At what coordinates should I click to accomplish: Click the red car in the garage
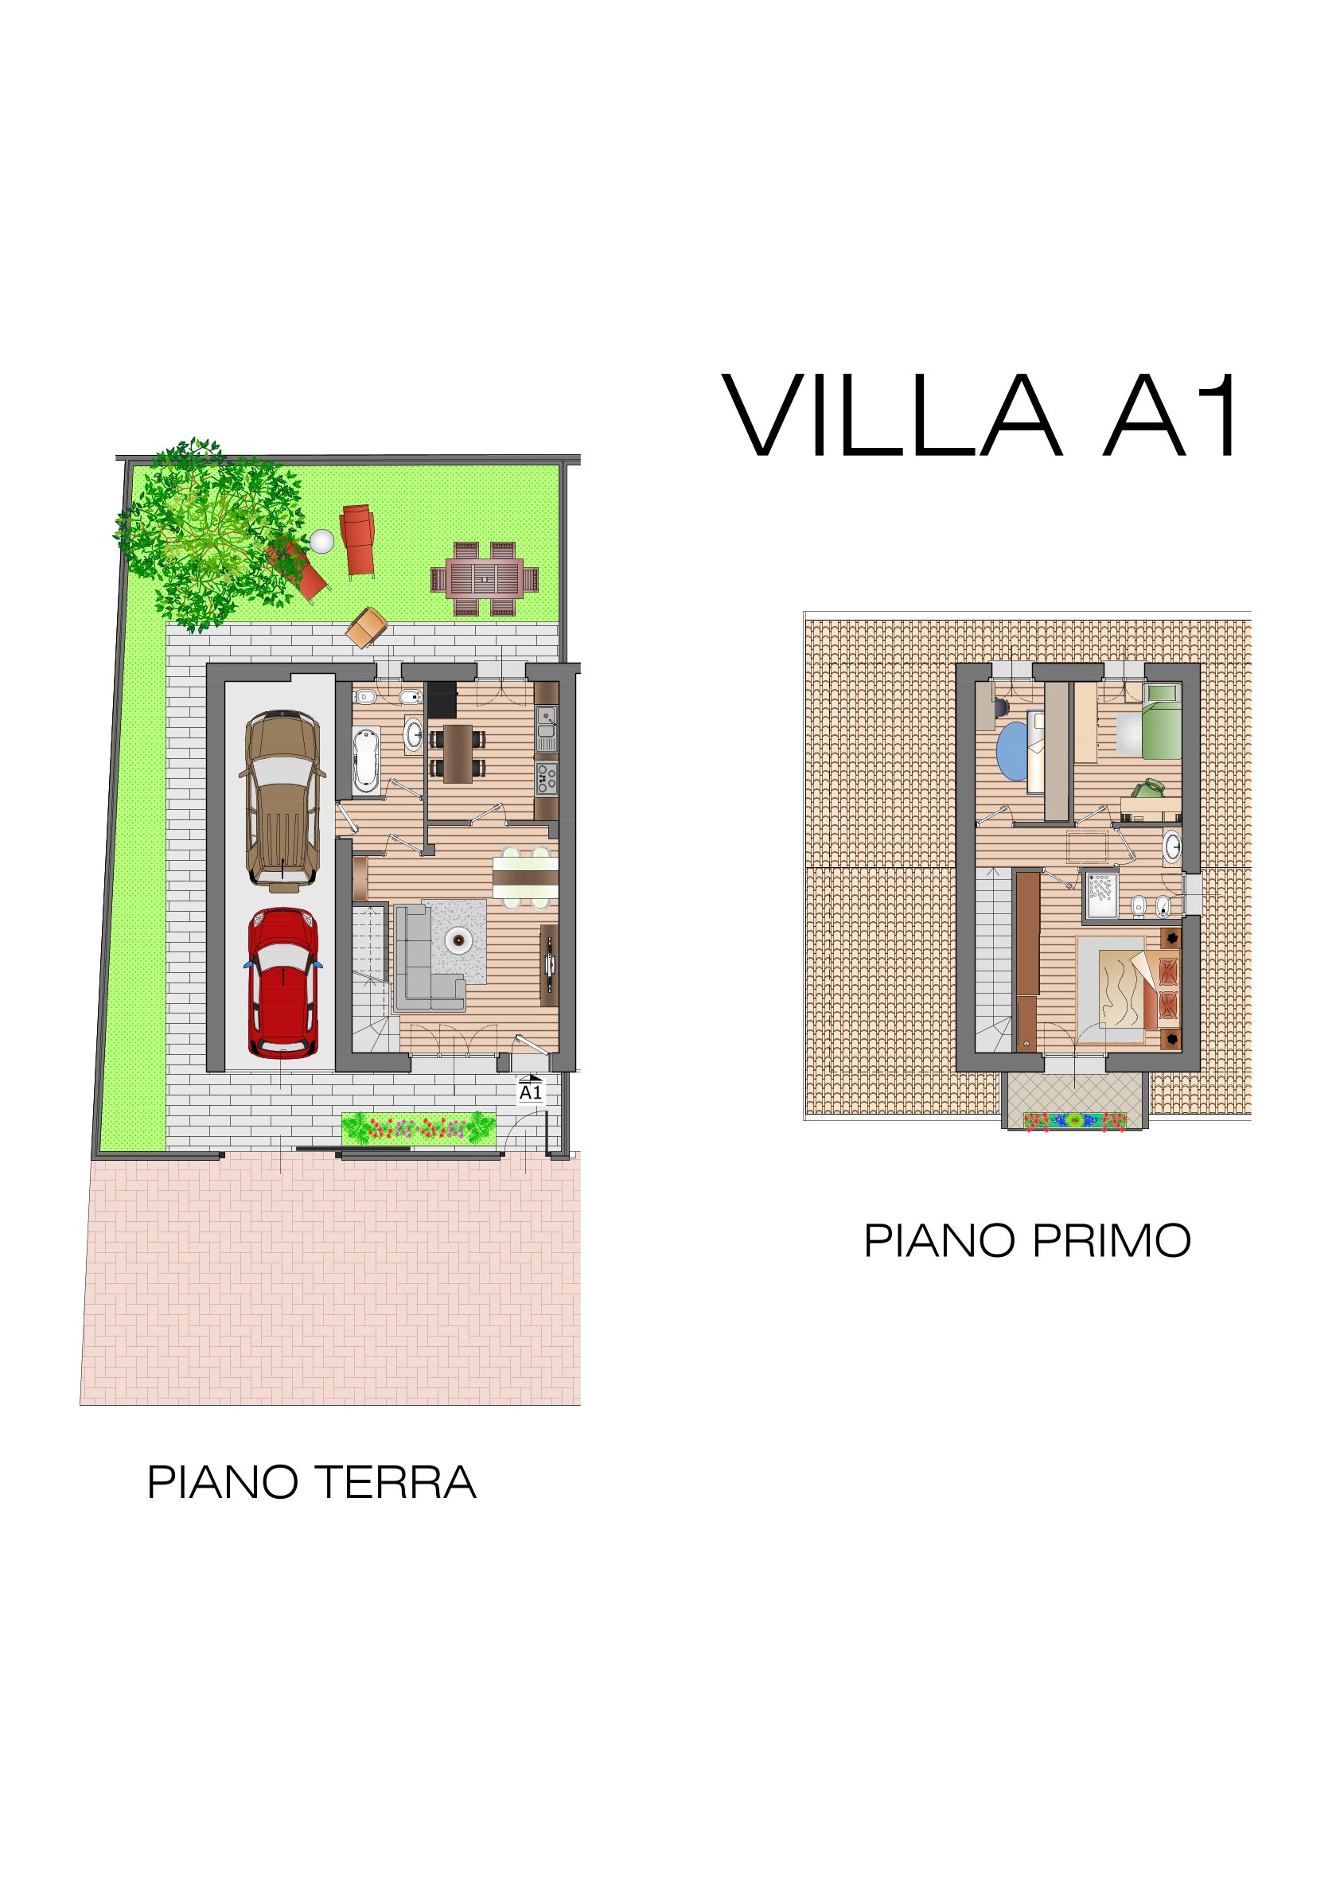point(282,983)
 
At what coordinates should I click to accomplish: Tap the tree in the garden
point(211,534)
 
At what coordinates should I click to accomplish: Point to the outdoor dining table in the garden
point(485,578)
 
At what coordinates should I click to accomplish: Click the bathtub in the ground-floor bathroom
point(366,760)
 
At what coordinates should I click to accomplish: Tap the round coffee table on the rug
point(457,940)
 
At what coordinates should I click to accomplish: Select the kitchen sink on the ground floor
point(547,727)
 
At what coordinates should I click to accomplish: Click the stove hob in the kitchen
point(547,778)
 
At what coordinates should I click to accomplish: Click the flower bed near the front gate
point(419,1128)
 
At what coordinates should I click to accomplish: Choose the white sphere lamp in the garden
point(322,542)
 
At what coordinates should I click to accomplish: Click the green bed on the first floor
point(1162,720)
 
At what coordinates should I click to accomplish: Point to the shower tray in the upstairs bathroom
point(1100,895)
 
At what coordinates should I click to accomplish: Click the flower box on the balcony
point(1074,1120)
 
